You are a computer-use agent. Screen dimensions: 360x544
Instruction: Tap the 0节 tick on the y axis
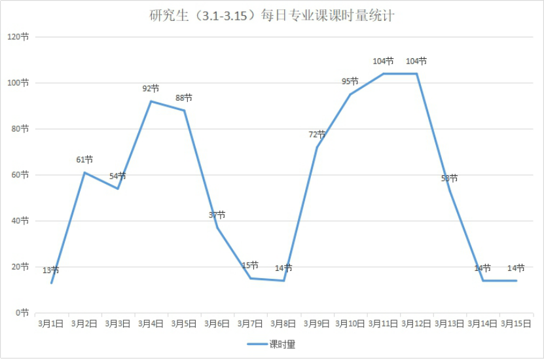(22, 313)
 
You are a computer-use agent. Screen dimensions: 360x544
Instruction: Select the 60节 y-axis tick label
(20, 175)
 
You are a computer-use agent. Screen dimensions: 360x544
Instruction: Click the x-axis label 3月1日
(50, 323)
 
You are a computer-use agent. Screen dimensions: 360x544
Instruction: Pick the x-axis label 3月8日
(283, 323)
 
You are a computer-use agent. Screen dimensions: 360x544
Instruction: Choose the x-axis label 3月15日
(516, 323)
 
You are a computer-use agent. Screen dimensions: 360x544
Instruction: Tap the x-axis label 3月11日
(383, 323)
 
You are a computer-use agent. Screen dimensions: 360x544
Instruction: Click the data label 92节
(151, 88)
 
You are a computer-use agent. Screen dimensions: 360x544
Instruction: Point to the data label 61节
(84, 160)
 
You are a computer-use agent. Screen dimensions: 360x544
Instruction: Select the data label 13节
(51, 270)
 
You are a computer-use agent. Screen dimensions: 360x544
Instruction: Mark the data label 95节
(350, 81)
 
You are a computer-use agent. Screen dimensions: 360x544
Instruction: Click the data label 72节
(317, 134)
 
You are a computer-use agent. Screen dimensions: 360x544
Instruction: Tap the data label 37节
(217, 215)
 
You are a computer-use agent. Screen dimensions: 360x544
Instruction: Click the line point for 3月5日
(184, 110)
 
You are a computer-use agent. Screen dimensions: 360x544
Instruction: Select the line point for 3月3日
(118, 189)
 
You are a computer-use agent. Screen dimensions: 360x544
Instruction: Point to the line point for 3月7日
(251, 278)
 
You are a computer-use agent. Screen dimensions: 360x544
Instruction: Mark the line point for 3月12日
(416, 73)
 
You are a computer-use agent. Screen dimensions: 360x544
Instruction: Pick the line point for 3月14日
(483, 280)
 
